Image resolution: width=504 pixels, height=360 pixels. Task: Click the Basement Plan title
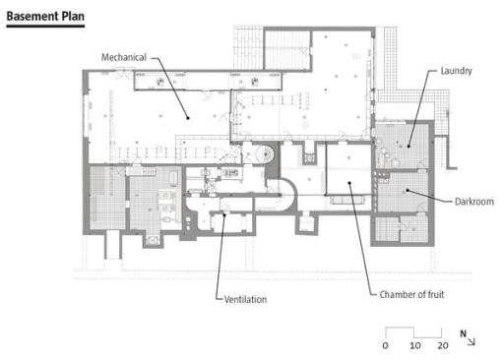45,16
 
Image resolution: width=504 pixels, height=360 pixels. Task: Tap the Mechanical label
124,57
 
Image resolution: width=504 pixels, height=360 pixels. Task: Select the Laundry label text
456,71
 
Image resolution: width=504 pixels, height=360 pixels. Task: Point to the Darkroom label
474,202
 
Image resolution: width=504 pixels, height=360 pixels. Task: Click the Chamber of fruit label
411,294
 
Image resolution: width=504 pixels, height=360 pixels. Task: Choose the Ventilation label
245,299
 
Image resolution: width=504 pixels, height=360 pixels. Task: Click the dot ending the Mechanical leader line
188,118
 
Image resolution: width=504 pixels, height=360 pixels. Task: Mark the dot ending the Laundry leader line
409,147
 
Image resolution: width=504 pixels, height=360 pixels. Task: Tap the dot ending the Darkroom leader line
408,190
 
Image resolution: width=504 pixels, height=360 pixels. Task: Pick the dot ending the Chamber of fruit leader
349,183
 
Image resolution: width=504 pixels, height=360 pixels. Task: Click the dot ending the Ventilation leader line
224,215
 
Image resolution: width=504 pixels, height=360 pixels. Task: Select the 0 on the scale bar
385,345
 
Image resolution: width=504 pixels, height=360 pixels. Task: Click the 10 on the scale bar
415,345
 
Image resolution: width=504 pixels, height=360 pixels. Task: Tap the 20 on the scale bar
443,345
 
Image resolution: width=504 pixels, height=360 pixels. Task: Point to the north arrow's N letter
463,333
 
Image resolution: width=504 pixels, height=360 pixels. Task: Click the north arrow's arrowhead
473,343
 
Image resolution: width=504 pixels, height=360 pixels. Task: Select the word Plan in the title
73,16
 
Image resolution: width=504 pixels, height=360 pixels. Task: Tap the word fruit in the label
436,294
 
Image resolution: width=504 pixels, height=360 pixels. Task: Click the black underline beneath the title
45,26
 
